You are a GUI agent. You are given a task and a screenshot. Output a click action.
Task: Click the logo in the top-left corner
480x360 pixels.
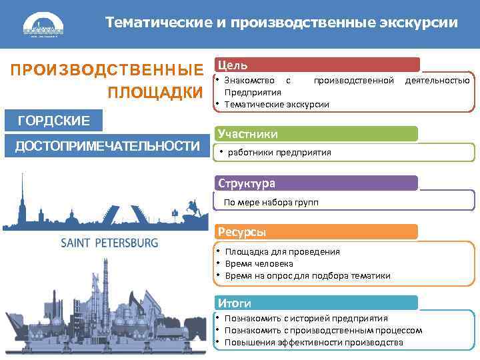click(x=43, y=26)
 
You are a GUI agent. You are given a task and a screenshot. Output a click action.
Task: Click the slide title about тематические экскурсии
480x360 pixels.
click(x=281, y=23)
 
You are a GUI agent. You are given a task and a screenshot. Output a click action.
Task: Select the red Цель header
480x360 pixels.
click(x=317, y=65)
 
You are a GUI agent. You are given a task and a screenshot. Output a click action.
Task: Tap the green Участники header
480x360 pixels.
click(x=317, y=134)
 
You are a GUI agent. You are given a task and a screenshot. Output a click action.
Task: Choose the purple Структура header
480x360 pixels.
click(x=317, y=183)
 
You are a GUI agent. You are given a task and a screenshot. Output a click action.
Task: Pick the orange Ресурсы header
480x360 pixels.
click(x=317, y=232)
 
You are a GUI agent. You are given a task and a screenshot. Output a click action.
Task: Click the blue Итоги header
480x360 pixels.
click(x=317, y=303)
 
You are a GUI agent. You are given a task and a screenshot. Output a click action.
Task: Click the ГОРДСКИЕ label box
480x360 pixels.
click(x=54, y=121)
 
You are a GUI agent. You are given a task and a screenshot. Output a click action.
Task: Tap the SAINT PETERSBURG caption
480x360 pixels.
click(x=109, y=243)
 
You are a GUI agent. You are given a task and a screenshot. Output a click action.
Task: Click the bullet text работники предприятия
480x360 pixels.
click(x=279, y=152)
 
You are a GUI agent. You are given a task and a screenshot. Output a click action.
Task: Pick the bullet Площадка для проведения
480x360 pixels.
click(x=282, y=251)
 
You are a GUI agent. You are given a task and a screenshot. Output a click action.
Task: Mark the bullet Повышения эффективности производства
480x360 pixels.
click(x=313, y=343)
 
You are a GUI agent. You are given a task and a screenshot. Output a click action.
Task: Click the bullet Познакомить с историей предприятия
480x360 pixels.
click(x=306, y=319)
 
